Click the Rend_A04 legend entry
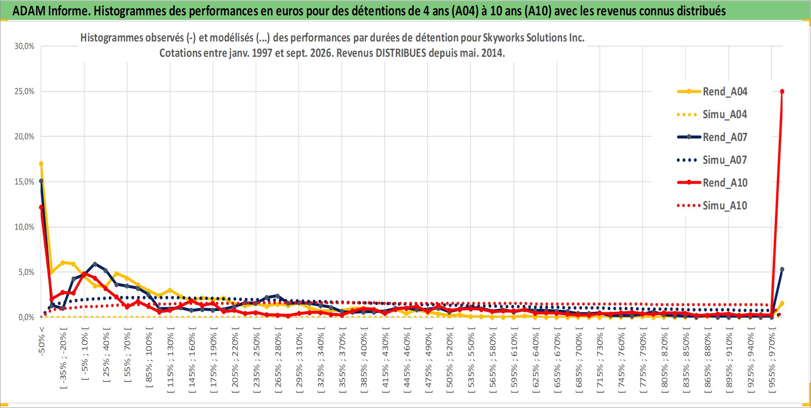(712, 92)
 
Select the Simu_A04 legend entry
(712, 114)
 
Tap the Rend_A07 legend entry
(712, 137)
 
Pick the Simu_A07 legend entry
(712, 160)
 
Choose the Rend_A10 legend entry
(712, 183)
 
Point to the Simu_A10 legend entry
(712, 206)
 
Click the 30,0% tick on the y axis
(24, 46)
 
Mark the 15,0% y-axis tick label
(24, 182)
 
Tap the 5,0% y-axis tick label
(26, 272)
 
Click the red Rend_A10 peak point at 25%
(782, 92)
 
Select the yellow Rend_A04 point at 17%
(41, 164)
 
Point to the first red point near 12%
(41, 207)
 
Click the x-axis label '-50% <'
(41, 341)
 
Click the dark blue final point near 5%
(782, 270)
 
